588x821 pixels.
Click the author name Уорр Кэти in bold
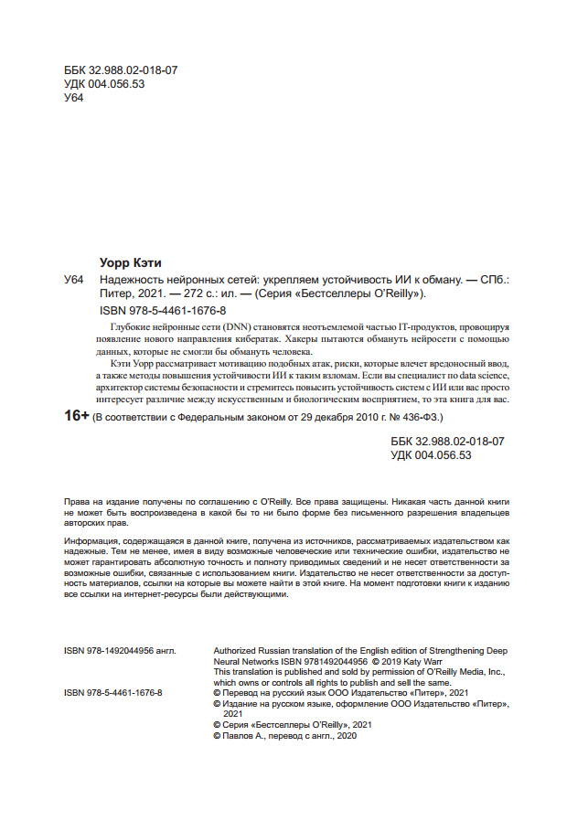[130, 263]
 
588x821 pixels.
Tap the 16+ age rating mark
[77, 416]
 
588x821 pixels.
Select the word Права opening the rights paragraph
[78, 502]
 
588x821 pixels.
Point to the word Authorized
[237, 650]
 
